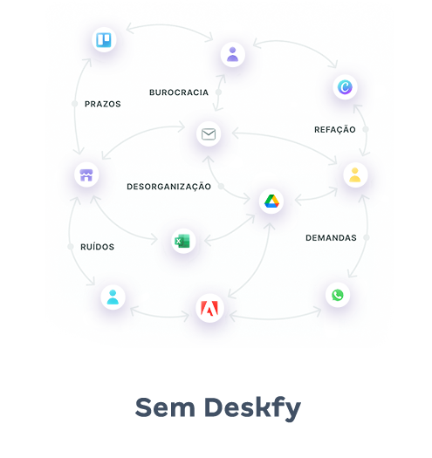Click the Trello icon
(104, 40)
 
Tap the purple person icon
(233, 54)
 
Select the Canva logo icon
(345, 87)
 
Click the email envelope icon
(209, 134)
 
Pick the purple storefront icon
(86, 175)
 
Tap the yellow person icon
(355, 175)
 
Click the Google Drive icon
(271, 202)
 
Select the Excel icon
(182, 242)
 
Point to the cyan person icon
(113, 297)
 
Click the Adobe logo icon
(209, 309)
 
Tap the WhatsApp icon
(338, 295)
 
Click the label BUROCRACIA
(179, 92)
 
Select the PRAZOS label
(103, 104)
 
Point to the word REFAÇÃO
(335, 129)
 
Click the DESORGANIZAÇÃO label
(168, 187)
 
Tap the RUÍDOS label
(98, 247)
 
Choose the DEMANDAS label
(331, 238)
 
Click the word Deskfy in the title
(252, 408)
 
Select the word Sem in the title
(165, 407)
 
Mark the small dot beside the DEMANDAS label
(367, 238)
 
